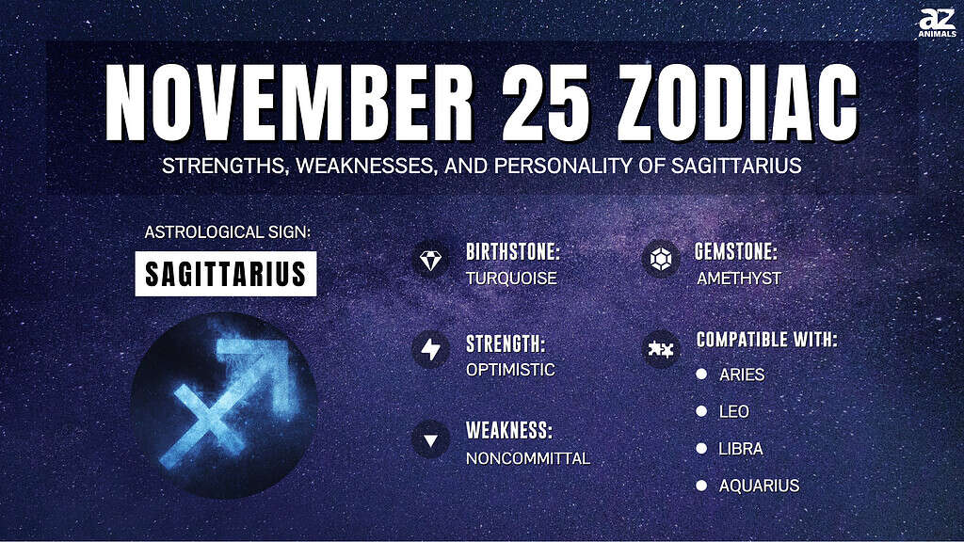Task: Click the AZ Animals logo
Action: click(x=937, y=23)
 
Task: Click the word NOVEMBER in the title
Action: click(x=290, y=103)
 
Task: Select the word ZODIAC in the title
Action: click(x=738, y=103)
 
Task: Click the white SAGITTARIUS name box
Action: click(x=226, y=274)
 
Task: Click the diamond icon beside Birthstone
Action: click(x=430, y=260)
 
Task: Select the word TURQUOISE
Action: click(x=511, y=279)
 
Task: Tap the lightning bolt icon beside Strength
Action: click(x=430, y=350)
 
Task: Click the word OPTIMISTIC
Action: click(x=510, y=370)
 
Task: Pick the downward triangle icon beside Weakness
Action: click(x=430, y=439)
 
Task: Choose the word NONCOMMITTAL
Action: click(x=528, y=458)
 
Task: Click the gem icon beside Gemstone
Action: click(x=661, y=260)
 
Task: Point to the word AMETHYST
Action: click(x=739, y=279)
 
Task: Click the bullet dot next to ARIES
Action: click(x=701, y=374)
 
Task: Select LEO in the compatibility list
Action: click(x=734, y=412)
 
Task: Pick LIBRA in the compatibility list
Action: click(x=741, y=449)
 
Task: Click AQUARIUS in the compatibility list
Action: click(x=760, y=486)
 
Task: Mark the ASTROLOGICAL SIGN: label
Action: click(x=228, y=232)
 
